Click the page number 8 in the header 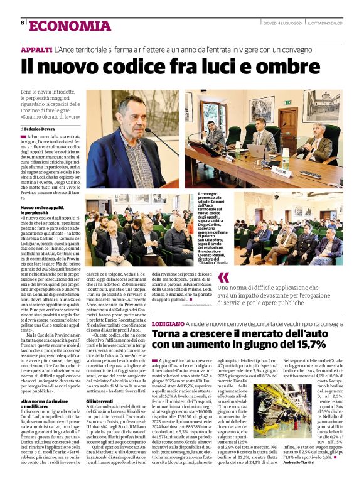(23, 23)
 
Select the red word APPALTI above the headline (36, 48)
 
